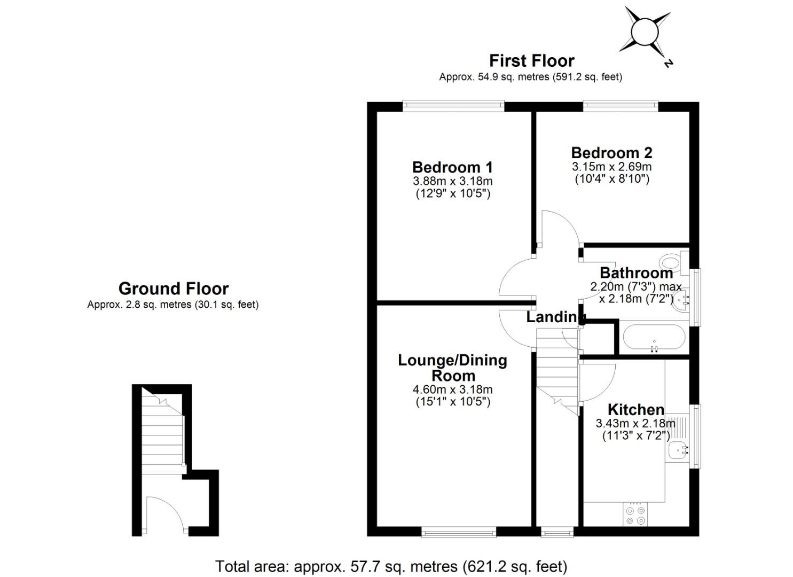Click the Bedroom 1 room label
452,167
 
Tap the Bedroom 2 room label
611,153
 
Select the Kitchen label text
636,410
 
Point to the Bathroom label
636,273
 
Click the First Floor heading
531,61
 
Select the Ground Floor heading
174,288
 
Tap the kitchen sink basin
678,451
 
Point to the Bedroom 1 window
453,106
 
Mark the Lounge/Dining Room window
458,532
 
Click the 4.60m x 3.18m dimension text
453,389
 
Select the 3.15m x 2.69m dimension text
611,167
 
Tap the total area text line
391,566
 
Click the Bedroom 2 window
620,106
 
